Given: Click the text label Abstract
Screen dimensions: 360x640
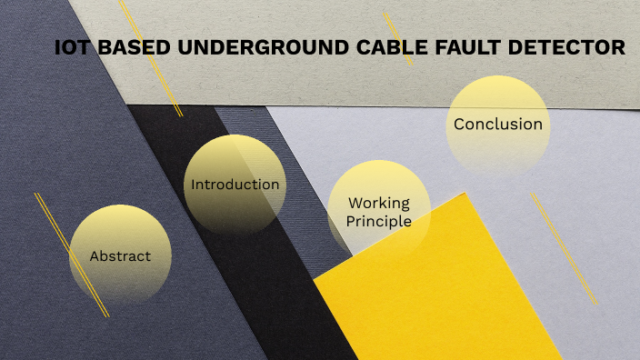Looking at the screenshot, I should (x=120, y=256).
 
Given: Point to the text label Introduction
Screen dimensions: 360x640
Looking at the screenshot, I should (x=235, y=185).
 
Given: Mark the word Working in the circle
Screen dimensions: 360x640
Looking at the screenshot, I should (x=379, y=203).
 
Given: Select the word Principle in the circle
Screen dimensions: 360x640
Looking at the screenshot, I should (x=379, y=221).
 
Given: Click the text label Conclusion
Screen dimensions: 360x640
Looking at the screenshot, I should (x=498, y=125).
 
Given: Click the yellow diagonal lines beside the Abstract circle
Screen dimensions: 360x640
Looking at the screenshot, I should (x=71, y=255).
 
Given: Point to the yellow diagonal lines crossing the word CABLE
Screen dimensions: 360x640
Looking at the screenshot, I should (x=397, y=36).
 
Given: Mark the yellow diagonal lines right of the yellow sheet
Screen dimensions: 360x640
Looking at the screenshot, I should (x=564, y=245).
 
